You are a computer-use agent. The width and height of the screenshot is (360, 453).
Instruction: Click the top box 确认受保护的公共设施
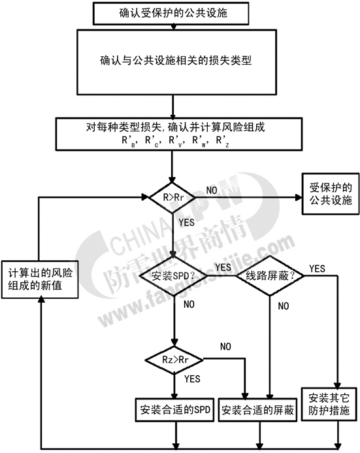(x=171, y=13)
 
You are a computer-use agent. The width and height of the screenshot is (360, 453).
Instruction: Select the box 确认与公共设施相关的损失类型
(x=176, y=62)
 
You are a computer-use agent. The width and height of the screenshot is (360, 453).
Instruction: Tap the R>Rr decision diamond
(x=172, y=197)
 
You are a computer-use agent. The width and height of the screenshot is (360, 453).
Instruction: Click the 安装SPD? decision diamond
(x=173, y=276)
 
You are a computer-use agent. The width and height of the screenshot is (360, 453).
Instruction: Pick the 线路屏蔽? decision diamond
(x=270, y=276)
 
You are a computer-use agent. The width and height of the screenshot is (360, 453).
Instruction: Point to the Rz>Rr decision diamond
(x=174, y=360)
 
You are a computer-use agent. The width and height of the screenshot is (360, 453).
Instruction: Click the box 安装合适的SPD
(x=174, y=410)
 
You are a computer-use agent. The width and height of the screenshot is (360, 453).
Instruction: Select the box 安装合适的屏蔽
(x=257, y=410)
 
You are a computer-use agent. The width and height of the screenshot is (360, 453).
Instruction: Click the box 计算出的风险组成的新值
(x=40, y=279)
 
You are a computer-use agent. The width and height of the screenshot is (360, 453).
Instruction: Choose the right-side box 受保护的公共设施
(x=331, y=193)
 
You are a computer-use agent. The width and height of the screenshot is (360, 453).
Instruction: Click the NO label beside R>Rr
(x=212, y=190)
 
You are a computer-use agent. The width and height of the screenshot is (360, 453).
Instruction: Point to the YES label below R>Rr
(x=186, y=222)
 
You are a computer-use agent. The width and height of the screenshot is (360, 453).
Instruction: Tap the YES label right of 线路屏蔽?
(x=317, y=269)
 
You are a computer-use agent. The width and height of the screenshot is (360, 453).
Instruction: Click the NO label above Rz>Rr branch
(x=225, y=346)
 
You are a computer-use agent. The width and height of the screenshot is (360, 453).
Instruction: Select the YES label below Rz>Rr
(x=192, y=378)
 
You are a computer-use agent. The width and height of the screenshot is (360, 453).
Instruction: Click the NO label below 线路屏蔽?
(x=283, y=306)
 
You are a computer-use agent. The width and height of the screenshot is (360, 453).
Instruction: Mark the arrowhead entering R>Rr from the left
(x=145, y=197)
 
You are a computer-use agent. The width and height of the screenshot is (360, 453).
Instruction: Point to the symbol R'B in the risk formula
(x=128, y=141)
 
